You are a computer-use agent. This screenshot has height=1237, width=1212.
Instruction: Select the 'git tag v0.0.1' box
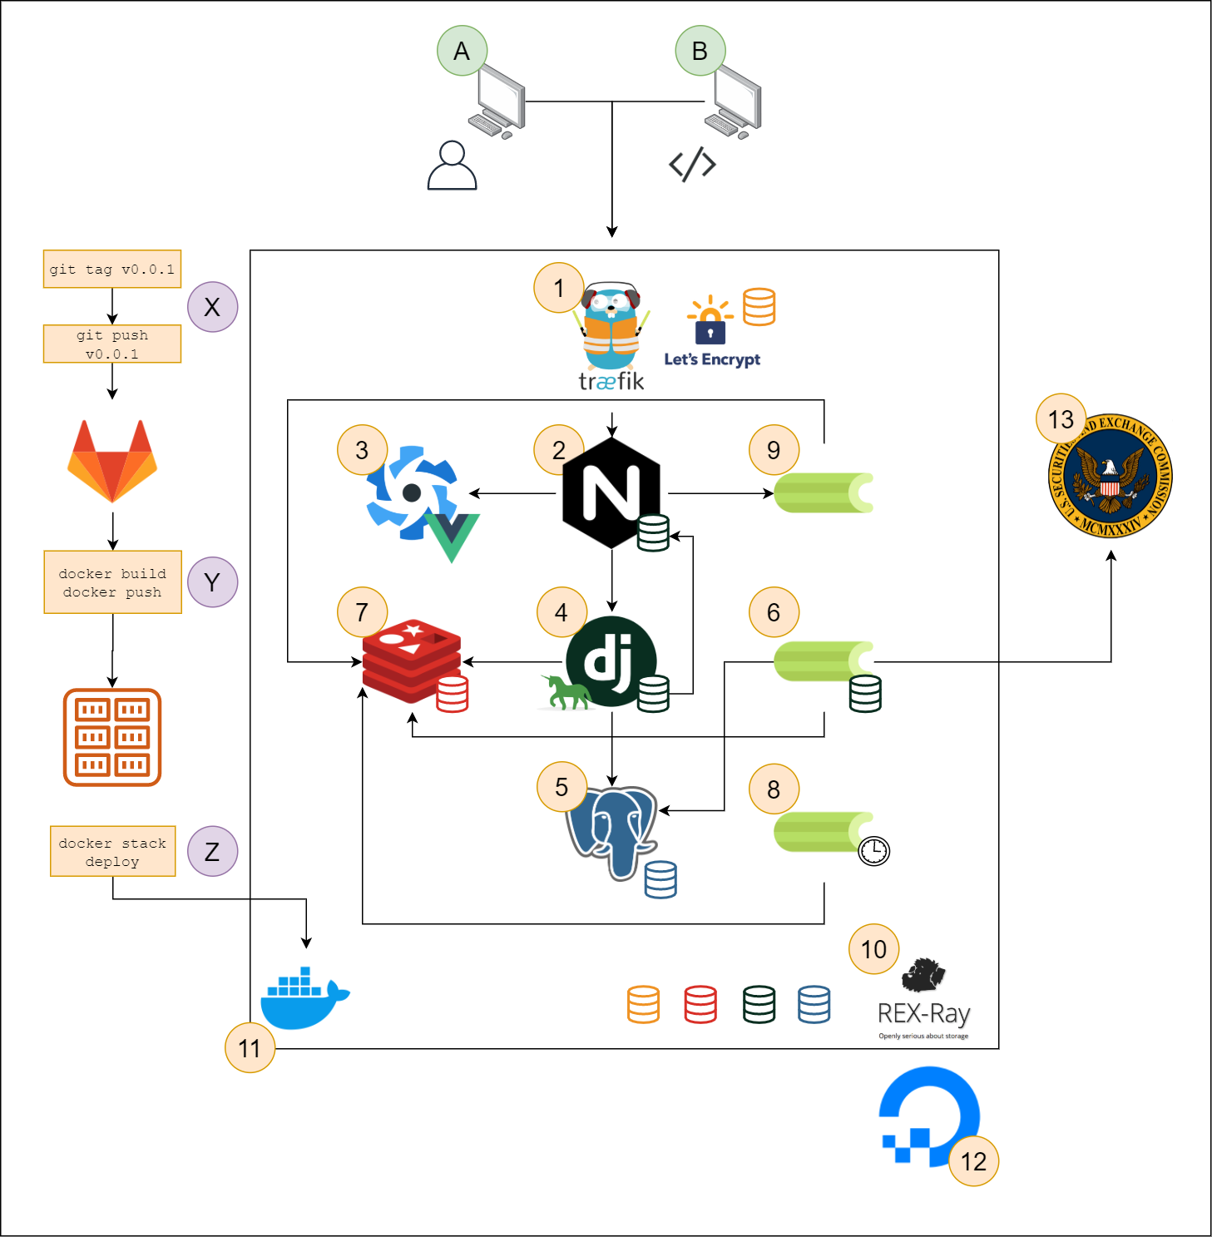112,270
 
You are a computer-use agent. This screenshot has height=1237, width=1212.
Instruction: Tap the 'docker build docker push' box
112,582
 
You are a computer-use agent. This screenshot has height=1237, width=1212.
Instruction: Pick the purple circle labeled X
212,307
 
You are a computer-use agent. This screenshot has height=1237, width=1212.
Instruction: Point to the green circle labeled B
700,51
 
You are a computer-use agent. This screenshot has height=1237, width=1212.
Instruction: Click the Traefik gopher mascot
611,329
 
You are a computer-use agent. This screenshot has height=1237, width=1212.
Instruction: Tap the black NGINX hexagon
611,492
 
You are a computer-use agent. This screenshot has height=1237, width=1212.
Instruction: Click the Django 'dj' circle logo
611,661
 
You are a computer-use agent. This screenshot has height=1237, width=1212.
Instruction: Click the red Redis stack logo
412,661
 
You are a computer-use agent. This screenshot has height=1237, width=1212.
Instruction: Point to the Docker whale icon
304,998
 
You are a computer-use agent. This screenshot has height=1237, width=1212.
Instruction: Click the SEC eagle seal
1111,476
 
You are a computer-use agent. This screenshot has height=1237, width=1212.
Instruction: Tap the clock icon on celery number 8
873,851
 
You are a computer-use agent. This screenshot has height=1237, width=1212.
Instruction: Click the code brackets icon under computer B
692,165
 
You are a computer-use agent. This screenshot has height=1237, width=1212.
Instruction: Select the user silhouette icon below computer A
452,166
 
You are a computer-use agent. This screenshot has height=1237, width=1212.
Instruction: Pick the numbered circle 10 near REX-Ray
873,949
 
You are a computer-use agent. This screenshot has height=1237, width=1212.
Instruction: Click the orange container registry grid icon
112,737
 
